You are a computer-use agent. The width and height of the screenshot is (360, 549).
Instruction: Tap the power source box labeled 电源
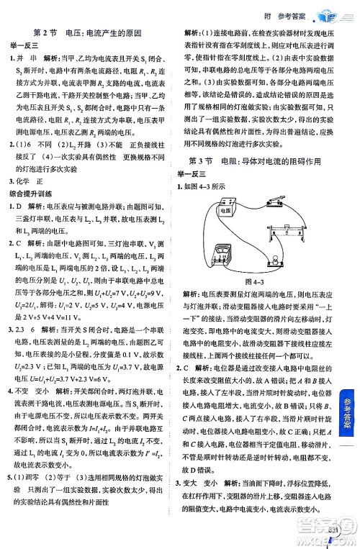pos(225,212)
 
